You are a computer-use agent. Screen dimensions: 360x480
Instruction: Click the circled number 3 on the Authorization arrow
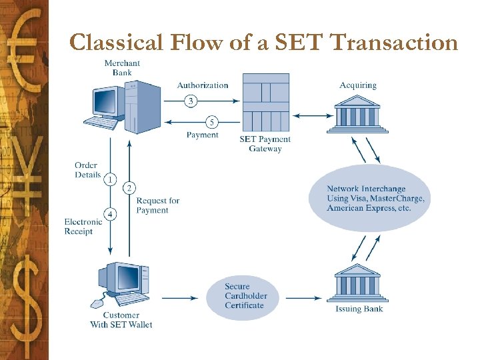coord(191,101)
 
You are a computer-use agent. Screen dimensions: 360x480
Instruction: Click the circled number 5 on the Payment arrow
coord(211,122)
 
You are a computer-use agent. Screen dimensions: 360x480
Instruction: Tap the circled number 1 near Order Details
coord(110,179)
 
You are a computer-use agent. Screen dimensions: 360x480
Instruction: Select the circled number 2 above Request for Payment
coord(129,188)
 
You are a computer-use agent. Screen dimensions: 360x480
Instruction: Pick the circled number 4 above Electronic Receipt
coord(110,213)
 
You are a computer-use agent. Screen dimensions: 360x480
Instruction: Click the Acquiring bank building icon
coord(358,114)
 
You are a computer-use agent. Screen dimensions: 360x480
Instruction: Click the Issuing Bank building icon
coord(357,284)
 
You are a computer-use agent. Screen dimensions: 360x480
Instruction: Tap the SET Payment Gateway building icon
coord(265,103)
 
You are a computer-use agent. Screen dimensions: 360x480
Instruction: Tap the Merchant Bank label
coord(122,68)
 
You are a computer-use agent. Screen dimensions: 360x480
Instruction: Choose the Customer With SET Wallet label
coord(121,320)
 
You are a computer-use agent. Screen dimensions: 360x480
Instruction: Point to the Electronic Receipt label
coord(83,227)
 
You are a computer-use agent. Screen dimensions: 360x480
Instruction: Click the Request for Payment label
coord(158,205)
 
